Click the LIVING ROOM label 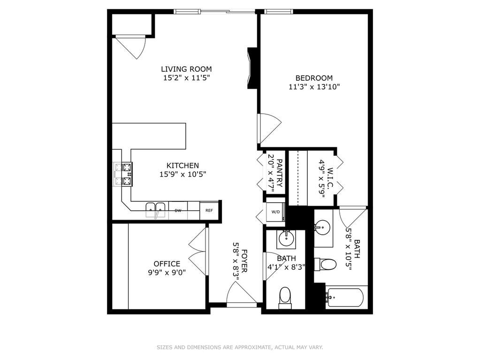186,69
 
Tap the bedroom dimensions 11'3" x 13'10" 314,87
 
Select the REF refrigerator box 209,210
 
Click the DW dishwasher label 178,211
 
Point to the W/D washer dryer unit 275,212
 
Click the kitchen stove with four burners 123,174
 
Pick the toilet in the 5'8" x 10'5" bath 325,264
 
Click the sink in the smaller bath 286,239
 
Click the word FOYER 244,261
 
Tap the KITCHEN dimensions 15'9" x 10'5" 183,175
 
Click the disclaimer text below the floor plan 240,347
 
